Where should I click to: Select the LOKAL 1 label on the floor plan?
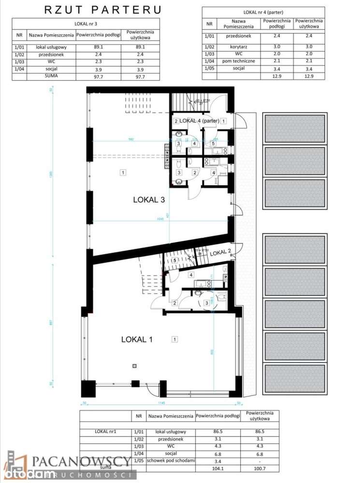[137, 340]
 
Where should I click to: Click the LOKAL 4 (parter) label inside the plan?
[200, 121]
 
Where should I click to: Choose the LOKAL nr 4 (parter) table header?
[263, 11]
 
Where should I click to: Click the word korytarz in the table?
[236, 46]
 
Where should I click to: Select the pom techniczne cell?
[236, 61]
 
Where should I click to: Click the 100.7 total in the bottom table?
[259, 469]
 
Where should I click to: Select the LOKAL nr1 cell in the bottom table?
[105, 432]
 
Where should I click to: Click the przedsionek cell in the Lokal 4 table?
[236, 35]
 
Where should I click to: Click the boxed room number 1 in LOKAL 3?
[123, 172]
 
